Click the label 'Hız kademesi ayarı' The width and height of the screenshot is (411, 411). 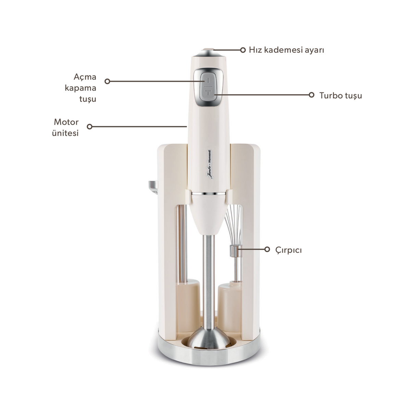coord(286,50)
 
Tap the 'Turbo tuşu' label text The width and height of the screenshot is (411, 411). coord(340,96)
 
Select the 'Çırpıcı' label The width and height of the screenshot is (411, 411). coord(288,250)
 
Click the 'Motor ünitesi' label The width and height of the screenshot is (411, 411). coord(65,127)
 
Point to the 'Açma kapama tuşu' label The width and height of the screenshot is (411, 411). coord(80,88)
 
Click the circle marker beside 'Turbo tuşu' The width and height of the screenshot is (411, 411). coord(312,95)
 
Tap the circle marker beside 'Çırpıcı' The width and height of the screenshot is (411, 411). coord(267,249)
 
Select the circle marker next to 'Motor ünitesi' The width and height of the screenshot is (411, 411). coord(90,127)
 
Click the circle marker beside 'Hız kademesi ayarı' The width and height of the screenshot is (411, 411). coord(243,50)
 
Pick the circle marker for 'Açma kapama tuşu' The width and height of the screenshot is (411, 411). coord(107,81)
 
